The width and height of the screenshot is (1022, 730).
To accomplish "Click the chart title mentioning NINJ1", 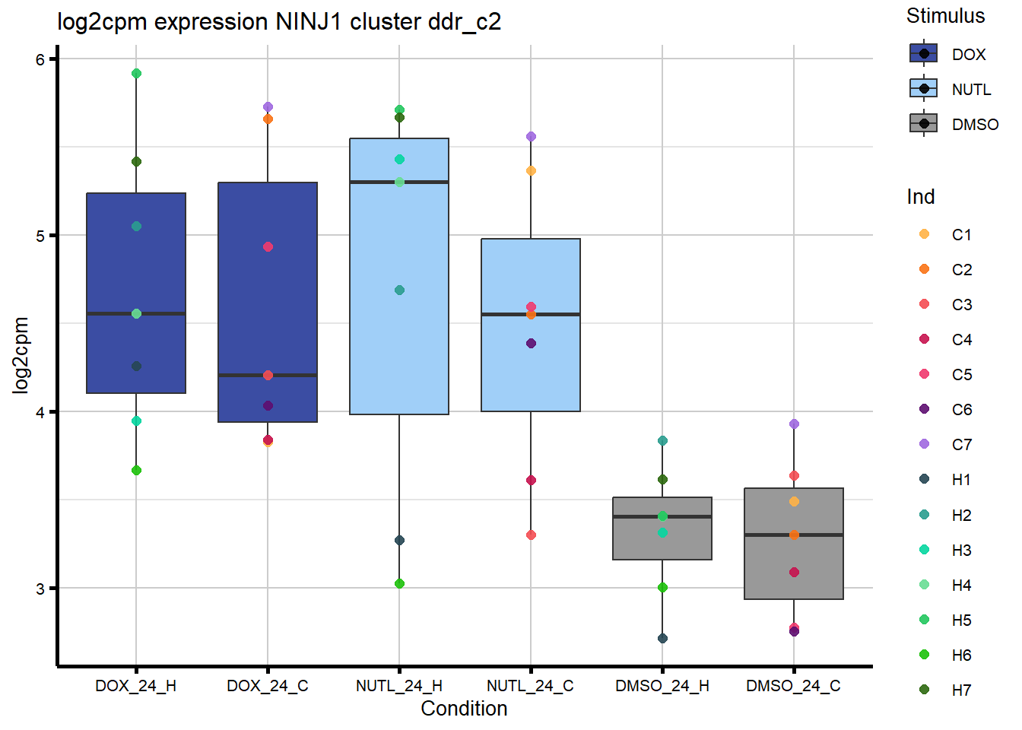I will pyautogui.click(x=279, y=21).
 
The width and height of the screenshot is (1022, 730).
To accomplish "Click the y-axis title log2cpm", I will pyautogui.click(x=21, y=355).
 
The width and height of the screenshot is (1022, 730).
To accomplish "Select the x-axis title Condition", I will pyautogui.click(x=464, y=709).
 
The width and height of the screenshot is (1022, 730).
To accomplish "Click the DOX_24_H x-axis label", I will pyautogui.click(x=135, y=686).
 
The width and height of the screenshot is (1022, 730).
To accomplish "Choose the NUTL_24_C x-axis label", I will pyautogui.click(x=530, y=686).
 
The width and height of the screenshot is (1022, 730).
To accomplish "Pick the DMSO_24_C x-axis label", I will pyautogui.click(x=793, y=686).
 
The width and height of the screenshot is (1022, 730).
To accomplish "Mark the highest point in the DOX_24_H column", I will pyautogui.click(x=136, y=74).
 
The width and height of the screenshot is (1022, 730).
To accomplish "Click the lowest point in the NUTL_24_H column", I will pyautogui.click(x=399, y=584).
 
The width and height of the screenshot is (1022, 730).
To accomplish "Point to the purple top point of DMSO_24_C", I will pyautogui.click(x=794, y=424).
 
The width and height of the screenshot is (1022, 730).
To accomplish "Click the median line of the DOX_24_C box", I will pyautogui.click(x=268, y=375).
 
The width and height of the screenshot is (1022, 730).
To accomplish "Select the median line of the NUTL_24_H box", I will pyautogui.click(x=399, y=182).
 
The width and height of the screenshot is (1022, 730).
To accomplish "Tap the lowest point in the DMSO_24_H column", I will pyautogui.click(x=662, y=638).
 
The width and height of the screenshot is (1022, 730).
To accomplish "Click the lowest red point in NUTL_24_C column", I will pyautogui.click(x=531, y=535).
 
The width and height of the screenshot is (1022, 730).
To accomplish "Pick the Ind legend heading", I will pyautogui.click(x=920, y=197).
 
